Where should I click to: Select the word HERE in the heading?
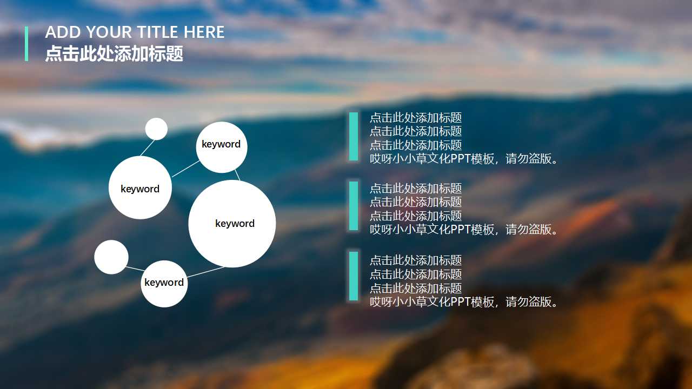pos(204,32)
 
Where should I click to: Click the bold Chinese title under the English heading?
pos(114,54)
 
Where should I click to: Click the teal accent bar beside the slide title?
pos(26,44)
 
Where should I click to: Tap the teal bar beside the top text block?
pos(354,136)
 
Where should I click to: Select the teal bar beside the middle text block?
pos(354,206)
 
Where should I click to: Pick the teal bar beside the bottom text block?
pos(354,276)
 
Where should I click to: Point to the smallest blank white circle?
pos(156,129)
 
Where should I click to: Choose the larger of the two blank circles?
pos(111,257)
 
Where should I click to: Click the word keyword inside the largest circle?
pos(235,224)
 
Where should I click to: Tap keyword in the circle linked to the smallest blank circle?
pos(140,189)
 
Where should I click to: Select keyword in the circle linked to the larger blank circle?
pos(164,283)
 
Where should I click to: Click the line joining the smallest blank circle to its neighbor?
pos(148,147)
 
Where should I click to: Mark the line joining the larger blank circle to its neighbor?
pos(135,268)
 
